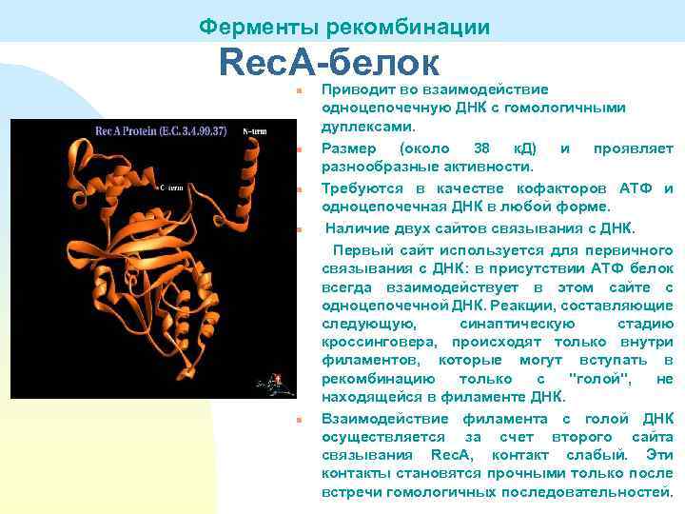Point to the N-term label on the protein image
pyautogui.click(x=255, y=130)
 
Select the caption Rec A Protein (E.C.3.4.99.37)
pyautogui.click(x=159, y=130)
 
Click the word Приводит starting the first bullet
pyautogui.click(x=356, y=89)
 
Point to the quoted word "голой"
pyautogui.click(x=597, y=379)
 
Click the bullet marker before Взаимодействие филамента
pyautogui.click(x=299, y=420)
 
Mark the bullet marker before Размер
pyautogui.click(x=299, y=149)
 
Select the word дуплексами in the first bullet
pyautogui.click(x=367, y=126)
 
